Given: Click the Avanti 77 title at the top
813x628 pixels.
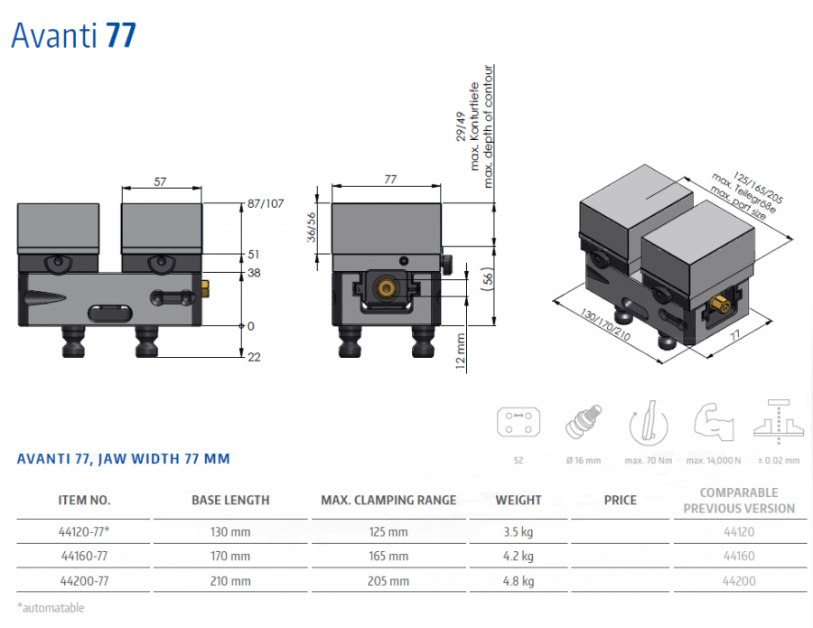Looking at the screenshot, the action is coord(74,36).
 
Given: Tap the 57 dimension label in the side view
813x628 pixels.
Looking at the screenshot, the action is coord(160,182).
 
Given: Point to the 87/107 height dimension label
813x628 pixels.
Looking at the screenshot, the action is coord(266,203).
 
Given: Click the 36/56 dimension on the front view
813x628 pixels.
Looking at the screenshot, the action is coord(311,228).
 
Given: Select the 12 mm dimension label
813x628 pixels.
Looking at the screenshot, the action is coord(461,351).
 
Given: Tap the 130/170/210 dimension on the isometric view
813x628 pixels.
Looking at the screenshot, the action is coord(605,325).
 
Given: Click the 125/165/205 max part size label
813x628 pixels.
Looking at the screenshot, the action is coord(758,188).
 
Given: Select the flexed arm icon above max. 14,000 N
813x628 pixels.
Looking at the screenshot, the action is coord(714,422).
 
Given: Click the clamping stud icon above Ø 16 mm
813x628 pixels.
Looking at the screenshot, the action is coord(584,422).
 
